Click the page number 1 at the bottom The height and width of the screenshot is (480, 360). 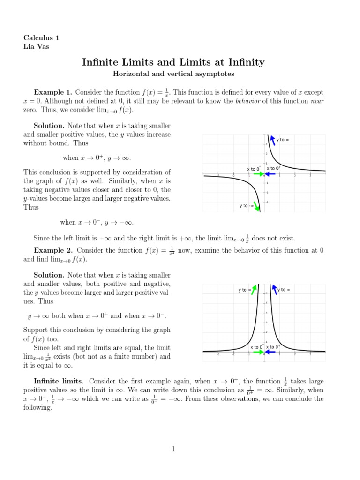pos(173,449)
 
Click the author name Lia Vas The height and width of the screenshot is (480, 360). pos(37,46)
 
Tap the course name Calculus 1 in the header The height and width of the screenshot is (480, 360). pos(41,38)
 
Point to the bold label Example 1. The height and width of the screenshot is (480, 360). pos(52,92)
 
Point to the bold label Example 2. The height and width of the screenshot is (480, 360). pos(52,250)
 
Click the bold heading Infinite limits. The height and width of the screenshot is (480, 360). pos(59,381)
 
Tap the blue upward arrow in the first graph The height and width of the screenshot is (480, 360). pos(271,140)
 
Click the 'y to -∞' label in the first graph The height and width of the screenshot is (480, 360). pos(246,205)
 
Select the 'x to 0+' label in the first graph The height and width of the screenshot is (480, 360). pos(274,168)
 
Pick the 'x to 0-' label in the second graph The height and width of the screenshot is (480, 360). pos(256,347)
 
